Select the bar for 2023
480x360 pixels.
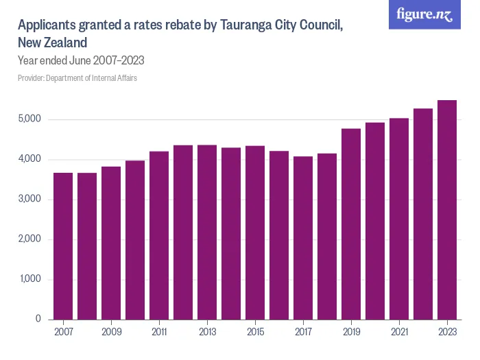tap(447, 210)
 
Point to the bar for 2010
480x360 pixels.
tap(135, 239)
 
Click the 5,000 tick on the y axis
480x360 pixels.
tap(30, 119)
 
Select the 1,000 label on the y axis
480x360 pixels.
tap(30, 280)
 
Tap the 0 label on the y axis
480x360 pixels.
tap(38, 320)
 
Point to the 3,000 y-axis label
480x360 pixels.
tap(30, 200)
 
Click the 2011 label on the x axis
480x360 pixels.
tap(159, 331)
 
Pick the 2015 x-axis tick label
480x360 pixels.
tap(255, 331)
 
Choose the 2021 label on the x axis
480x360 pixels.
tap(399, 331)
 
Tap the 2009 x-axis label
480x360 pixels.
tap(111, 331)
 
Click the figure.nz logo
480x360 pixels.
tap(424, 15)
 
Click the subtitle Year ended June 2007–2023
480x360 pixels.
tap(80, 60)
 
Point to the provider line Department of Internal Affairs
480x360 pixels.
tap(77, 78)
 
